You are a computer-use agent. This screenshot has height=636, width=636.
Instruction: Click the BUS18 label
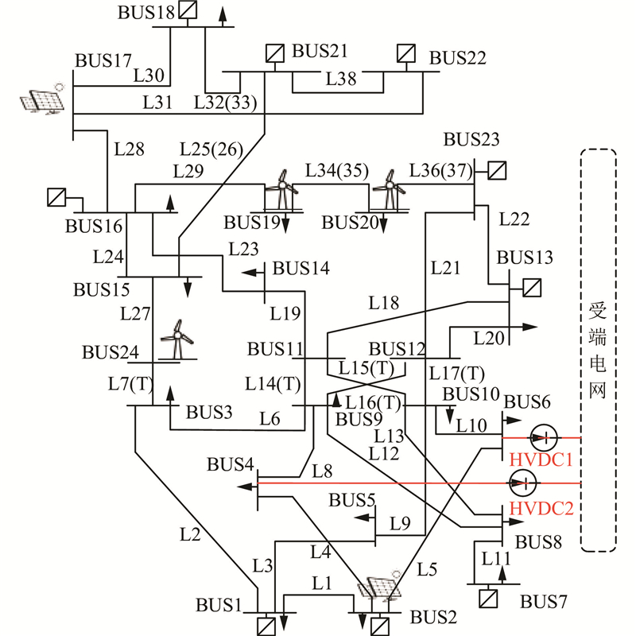point(145,13)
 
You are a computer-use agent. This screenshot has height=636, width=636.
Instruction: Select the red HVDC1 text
point(541,460)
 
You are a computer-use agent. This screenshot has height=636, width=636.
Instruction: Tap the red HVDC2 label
point(541,508)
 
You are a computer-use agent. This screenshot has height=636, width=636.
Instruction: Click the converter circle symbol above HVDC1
point(544,438)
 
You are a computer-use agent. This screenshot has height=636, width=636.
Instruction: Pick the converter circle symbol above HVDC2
point(523,483)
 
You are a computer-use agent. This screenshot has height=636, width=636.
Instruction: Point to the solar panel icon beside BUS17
point(43,99)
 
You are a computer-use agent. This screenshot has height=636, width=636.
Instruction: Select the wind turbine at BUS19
point(281,191)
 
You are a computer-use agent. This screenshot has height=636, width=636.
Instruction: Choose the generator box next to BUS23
point(497,171)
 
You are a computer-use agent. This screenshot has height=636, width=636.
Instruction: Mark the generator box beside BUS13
point(532,288)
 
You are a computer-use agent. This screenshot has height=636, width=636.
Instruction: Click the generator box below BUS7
point(488,599)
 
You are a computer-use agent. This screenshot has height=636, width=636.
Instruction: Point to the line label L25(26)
point(211,149)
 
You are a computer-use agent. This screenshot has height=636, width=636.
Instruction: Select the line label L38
point(341,79)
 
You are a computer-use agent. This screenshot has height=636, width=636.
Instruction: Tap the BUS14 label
point(301,269)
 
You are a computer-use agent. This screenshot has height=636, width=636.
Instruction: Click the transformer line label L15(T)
point(366,369)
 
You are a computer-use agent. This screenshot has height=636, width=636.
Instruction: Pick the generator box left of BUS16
point(56,197)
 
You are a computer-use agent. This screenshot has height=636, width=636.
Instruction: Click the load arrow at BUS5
point(364,518)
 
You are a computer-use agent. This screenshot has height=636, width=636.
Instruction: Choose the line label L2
point(190,534)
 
